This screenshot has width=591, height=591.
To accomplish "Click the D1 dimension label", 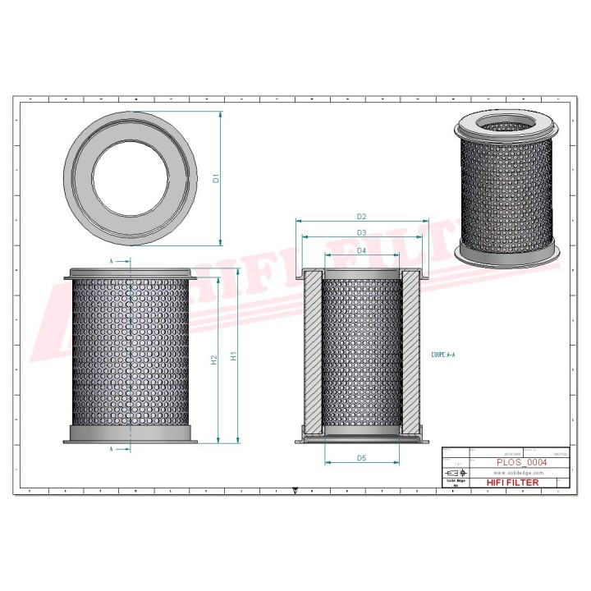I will pyautogui.click(x=215, y=178).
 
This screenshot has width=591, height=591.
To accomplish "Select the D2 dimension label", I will pyautogui.click(x=361, y=216).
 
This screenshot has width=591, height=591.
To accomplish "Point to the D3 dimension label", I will pyautogui.click(x=361, y=232).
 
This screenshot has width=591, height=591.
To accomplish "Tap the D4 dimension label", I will pyautogui.click(x=361, y=250).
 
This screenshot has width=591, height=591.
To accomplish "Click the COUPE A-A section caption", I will pyautogui.click(x=442, y=356).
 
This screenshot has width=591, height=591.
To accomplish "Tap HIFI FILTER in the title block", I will pyautogui.click(x=513, y=483).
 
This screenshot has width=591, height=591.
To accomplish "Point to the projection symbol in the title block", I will pyautogui.click(x=452, y=474).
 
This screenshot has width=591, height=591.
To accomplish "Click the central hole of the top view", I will pyautogui.click(x=131, y=178).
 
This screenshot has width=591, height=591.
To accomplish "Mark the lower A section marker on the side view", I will pyautogui.click(x=112, y=449).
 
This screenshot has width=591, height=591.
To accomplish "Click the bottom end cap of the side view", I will pyautogui.click(x=131, y=433).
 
